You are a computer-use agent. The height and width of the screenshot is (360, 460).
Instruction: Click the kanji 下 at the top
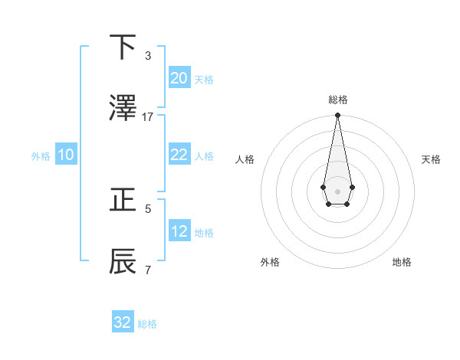[123, 48]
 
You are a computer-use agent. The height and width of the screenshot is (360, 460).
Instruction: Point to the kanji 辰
[123, 261]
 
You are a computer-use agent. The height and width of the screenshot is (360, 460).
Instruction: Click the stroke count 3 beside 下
[148, 56]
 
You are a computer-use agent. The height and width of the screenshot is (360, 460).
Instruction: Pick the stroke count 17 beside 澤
[148, 117]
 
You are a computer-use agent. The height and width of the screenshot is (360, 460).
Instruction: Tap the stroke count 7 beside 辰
[148, 270]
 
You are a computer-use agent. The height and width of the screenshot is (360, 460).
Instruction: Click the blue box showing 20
[179, 78]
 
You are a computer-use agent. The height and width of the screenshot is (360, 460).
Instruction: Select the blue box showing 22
[179, 155]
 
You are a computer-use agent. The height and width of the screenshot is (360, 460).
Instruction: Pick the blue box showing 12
[179, 231]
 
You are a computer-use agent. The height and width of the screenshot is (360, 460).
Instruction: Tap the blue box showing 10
[66, 155]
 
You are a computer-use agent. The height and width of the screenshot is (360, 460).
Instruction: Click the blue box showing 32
[123, 322]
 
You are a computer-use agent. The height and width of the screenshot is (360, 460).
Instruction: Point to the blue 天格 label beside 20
[203, 80]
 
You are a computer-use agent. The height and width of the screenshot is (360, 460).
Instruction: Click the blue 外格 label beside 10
[41, 155]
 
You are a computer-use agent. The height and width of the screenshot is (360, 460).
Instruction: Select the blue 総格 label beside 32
[147, 324]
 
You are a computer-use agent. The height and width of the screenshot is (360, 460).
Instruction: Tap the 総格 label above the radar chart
[338, 100]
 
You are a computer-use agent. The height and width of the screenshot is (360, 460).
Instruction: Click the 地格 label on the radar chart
[402, 263]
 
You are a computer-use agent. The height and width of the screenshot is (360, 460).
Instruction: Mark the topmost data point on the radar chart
[337, 116]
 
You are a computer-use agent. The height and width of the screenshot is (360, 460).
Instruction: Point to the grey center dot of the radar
[337, 191]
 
